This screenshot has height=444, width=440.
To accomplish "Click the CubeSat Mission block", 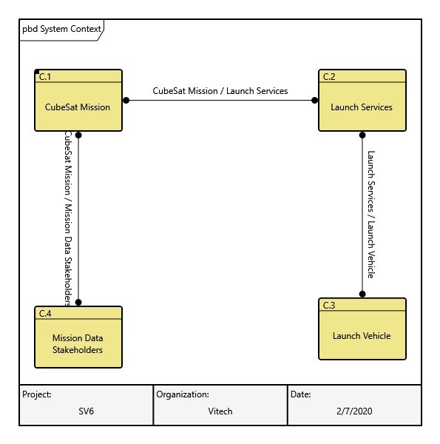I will point(78,107).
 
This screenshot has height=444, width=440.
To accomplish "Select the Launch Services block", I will point(362,107).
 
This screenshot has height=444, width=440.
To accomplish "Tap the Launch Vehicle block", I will point(362,335).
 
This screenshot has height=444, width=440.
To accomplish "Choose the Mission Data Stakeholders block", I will point(78,343).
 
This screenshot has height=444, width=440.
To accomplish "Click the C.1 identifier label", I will point(45,76).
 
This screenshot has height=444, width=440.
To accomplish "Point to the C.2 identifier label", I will point(329,76).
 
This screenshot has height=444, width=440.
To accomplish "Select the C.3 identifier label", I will point(329,305).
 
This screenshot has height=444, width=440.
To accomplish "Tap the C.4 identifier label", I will point(45,313).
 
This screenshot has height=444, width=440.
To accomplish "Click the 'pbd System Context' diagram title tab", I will point(61,29).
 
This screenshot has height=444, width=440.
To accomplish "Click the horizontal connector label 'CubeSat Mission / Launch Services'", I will point(220,91).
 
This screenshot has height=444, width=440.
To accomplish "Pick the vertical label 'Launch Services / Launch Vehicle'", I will point(371,215).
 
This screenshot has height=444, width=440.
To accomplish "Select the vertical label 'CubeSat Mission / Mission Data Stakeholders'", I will point(67,219).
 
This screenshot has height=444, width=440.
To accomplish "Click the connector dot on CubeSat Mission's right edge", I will point(126,100).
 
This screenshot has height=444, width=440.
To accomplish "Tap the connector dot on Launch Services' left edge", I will point(314,100).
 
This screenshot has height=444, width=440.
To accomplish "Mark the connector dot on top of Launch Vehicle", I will point(362,294).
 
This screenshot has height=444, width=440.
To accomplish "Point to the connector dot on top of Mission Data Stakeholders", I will point(78,302).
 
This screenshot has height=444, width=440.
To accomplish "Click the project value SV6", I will point(87,411).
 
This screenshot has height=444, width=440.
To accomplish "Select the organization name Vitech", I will point(220,411).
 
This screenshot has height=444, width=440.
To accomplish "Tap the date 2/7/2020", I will point(354,411).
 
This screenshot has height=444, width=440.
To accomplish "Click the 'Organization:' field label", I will point(183,394).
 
